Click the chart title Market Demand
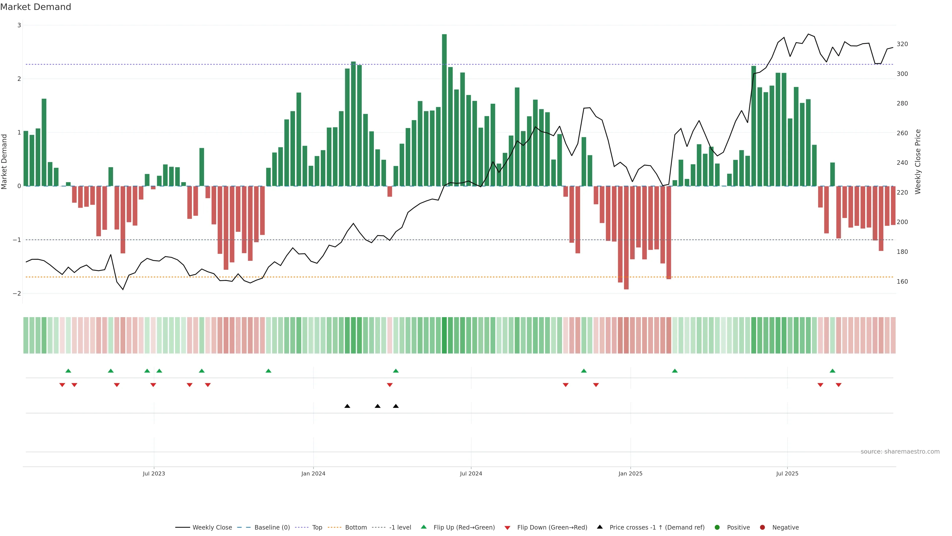click(35, 7)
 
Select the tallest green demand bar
click(444, 110)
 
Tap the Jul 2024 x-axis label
click(471, 473)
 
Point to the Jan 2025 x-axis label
click(630, 473)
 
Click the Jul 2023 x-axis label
click(154, 473)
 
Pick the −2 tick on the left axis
click(17, 293)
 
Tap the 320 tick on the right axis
click(902, 44)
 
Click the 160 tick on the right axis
click(902, 281)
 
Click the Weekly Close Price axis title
click(918, 162)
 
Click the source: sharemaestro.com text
click(900, 452)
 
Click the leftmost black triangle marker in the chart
click(347, 406)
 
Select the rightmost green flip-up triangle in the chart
click(832, 371)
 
